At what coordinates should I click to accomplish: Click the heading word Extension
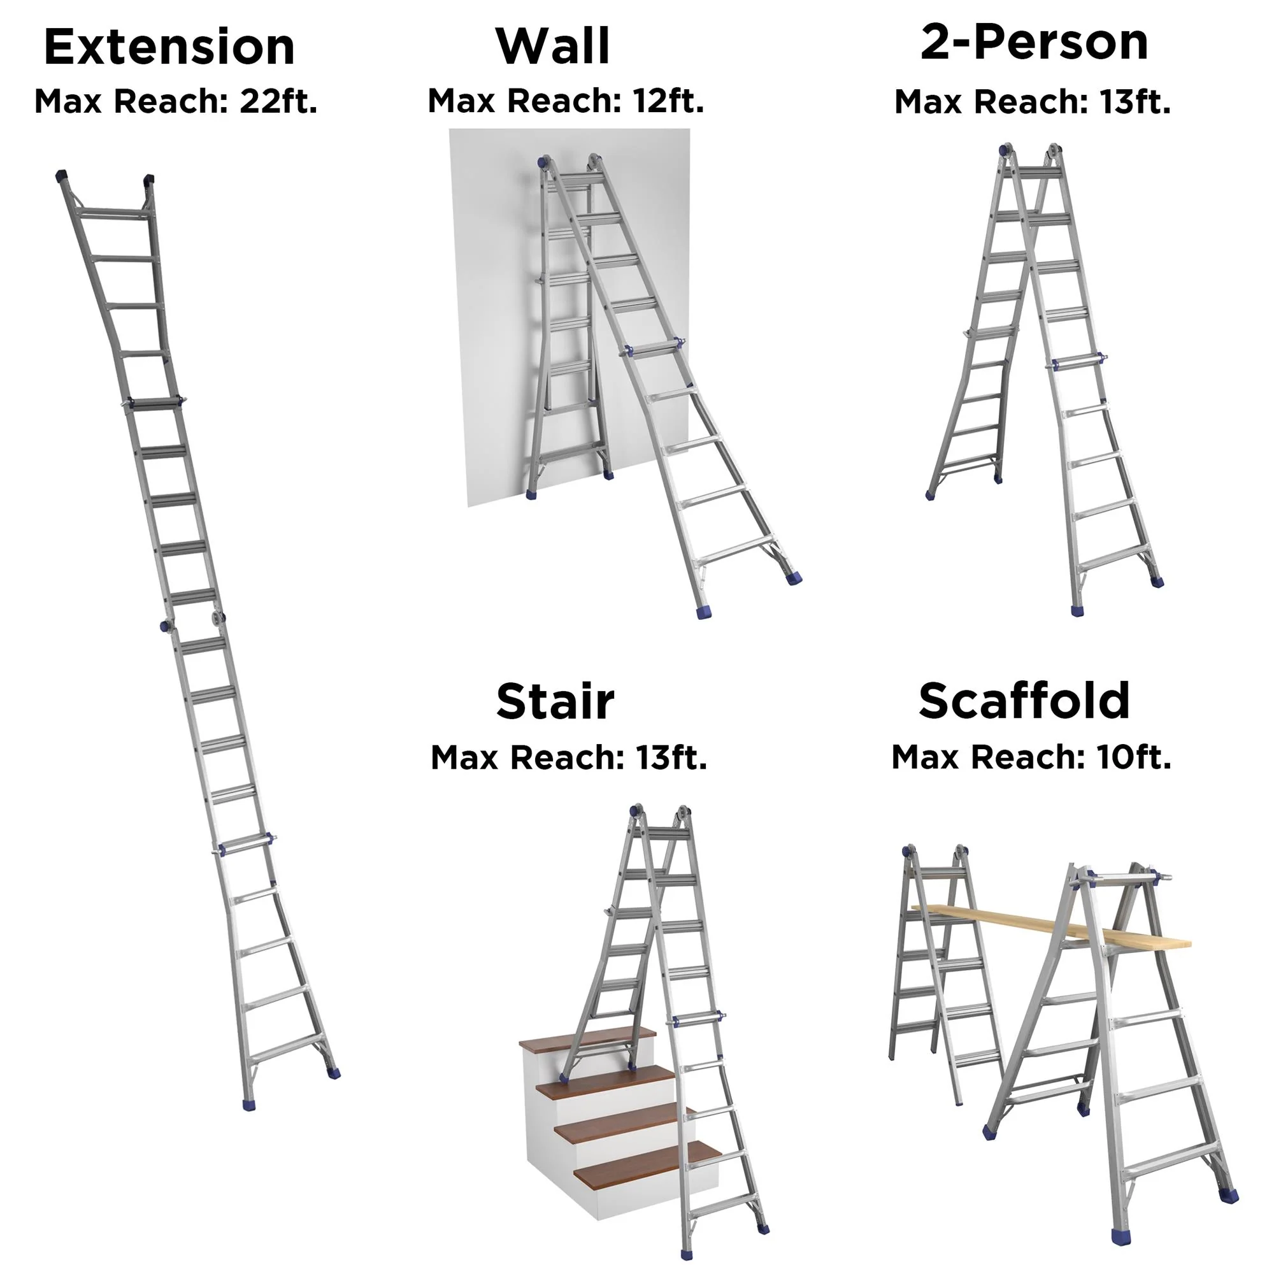point(169,48)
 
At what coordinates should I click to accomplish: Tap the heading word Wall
point(552,46)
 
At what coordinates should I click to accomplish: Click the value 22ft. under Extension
point(278,101)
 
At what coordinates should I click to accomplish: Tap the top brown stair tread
point(587,1038)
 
